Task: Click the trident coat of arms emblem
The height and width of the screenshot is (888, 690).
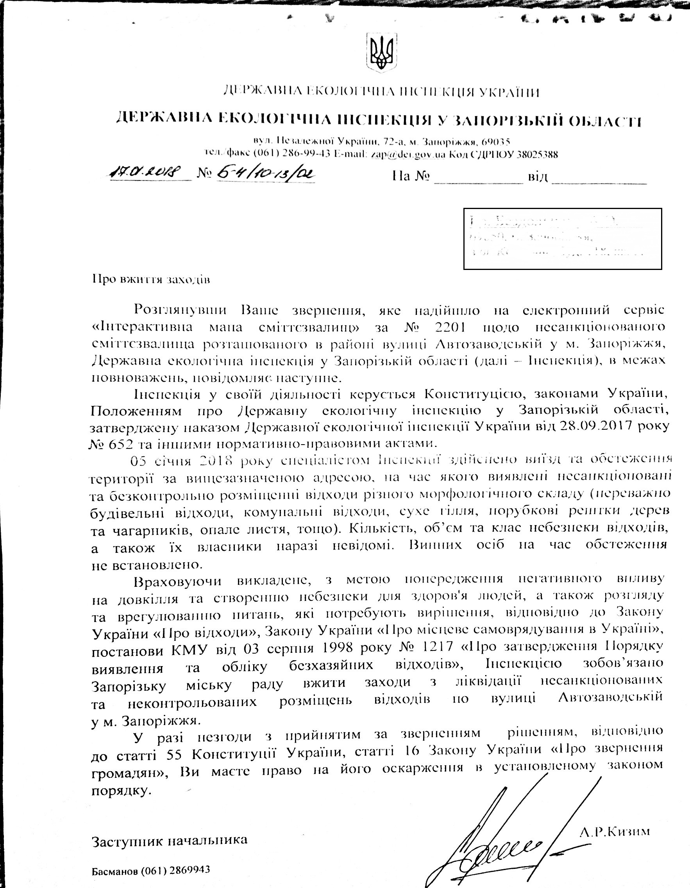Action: click(x=381, y=52)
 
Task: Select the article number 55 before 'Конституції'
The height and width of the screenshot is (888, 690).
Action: click(x=176, y=754)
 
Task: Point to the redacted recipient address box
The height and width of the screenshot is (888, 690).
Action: click(x=562, y=239)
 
